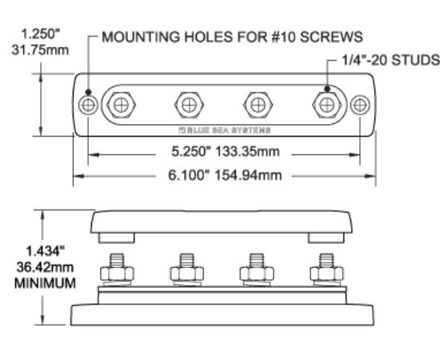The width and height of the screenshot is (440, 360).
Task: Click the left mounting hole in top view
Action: [x=88, y=106]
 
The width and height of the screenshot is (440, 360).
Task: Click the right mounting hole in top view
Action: [x=360, y=106]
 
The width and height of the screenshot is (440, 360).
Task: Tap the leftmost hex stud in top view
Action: [x=121, y=106]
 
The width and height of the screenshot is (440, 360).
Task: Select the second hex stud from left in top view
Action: [x=189, y=106]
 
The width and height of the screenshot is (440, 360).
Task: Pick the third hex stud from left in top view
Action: [x=258, y=106]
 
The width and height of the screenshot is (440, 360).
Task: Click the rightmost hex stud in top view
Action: [x=327, y=106]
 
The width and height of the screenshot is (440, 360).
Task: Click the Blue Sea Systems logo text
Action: [x=225, y=130]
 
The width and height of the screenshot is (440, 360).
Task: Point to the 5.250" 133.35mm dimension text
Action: [x=226, y=151]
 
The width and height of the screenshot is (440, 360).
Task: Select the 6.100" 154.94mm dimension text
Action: [x=225, y=175]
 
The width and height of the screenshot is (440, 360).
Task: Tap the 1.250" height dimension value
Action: [x=41, y=34]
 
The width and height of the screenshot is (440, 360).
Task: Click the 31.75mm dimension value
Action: [x=40, y=50]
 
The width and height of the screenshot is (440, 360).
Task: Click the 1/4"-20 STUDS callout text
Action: [x=390, y=60]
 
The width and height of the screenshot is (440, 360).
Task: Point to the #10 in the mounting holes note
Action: [x=283, y=37]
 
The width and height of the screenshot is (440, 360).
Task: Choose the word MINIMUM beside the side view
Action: [x=45, y=283]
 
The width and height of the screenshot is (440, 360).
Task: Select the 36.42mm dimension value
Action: [x=45, y=267]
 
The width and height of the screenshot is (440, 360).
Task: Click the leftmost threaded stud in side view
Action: [x=117, y=260]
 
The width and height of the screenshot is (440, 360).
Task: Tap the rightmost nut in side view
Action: [x=326, y=274]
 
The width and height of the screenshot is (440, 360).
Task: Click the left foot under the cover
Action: [x=117, y=238]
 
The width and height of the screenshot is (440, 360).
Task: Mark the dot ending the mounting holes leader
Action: [x=88, y=92]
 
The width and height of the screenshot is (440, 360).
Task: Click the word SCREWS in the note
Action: [x=331, y=37]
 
